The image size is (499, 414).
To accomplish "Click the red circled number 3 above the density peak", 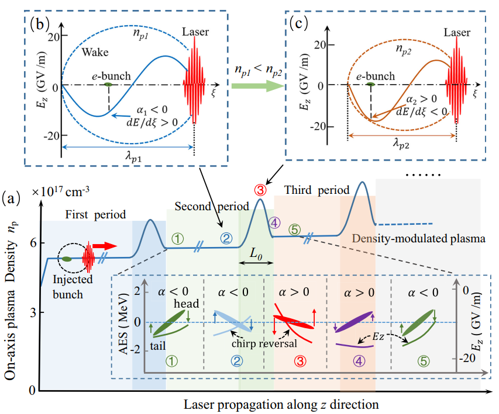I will tap(260, 189).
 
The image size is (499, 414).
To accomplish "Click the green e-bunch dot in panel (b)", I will tap(108, 85).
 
